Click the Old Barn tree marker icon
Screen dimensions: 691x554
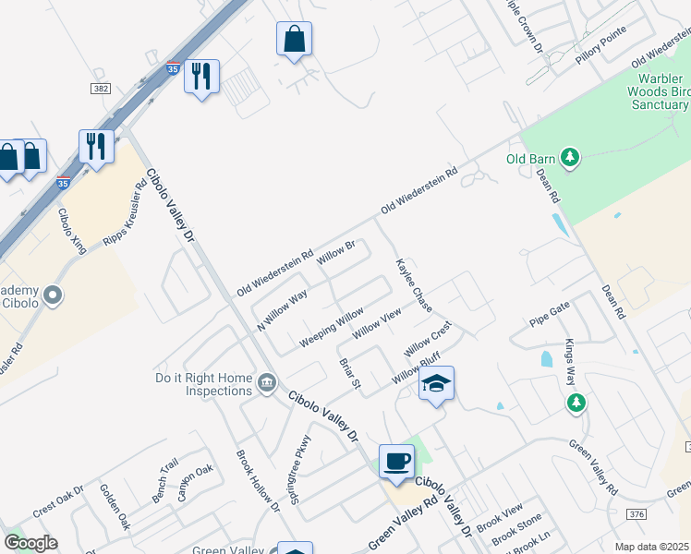point(571,159)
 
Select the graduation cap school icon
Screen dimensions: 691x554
point(436,384)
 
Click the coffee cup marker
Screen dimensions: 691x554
point(397,461)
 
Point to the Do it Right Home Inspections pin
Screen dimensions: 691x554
point(266,382)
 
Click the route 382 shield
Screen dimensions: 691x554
point(101,88)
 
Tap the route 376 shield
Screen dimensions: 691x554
point(636,513)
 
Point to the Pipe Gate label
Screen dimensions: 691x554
point(551,321)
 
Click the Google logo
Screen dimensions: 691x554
point(30,543)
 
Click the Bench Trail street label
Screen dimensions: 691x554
point(164,481)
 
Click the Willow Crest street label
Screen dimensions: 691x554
point(427,339)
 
